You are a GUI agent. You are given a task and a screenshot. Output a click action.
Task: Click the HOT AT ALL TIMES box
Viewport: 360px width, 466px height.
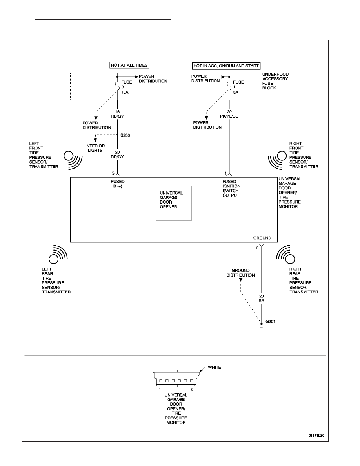[129, 65]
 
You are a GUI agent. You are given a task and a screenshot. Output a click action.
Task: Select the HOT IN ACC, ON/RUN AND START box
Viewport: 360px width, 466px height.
[226, 66]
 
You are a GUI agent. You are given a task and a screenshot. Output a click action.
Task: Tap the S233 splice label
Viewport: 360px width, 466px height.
[125, 135]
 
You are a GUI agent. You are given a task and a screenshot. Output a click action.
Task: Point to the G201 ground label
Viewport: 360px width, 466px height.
[270, 322]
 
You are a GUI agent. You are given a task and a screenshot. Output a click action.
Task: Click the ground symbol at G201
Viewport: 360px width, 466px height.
[262, 326]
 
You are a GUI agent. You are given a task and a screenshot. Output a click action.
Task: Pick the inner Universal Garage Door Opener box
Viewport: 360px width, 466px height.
[174, 203]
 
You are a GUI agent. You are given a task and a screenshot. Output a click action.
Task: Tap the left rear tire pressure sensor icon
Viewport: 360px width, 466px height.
[58, 255]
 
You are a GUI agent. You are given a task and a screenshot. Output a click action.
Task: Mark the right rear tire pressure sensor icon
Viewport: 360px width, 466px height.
[285, 255]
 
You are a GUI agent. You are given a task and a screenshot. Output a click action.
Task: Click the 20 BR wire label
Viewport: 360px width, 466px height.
[262, 299]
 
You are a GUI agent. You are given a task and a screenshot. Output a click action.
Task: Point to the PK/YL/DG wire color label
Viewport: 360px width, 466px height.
[229, 116]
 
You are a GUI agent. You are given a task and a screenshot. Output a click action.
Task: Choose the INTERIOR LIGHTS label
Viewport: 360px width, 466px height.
[95, 148]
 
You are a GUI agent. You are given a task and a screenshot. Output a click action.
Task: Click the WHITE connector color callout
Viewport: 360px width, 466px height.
[215, 367]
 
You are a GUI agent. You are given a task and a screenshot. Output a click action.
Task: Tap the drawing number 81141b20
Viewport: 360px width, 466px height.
[316, 435]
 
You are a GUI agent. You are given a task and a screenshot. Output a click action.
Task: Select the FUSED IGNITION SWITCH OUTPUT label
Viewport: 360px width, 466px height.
[231, 188]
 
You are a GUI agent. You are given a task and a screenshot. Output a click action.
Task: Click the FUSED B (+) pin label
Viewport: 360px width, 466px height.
[118, 184]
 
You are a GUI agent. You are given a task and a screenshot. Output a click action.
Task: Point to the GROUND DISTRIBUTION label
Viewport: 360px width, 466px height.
[241, 273]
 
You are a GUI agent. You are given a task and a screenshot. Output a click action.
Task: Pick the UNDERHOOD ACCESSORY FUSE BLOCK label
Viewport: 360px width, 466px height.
[275, 81]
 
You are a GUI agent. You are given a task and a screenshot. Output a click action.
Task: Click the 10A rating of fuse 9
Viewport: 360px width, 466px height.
[125, 92]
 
